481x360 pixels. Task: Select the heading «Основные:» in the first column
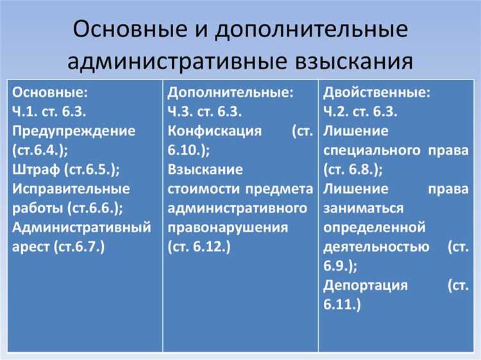51,92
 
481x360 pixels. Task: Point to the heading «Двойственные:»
377,92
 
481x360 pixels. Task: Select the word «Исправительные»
71,189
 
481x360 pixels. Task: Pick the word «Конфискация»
215,131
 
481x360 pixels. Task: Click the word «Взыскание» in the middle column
205,170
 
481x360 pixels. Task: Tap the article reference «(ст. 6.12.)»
199,246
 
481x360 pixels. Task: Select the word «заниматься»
364,208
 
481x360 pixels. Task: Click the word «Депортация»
366,285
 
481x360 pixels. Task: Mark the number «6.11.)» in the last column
342,304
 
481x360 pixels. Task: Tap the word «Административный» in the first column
81,227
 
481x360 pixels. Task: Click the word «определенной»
375,227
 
